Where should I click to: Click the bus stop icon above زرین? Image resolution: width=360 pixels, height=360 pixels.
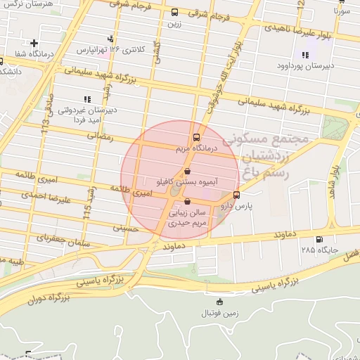(x=174, y=12)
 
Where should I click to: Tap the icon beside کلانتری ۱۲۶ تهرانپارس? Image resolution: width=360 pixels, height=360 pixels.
(x=110, y=38)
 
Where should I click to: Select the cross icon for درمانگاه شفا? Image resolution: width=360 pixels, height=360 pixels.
(x=34, y=44)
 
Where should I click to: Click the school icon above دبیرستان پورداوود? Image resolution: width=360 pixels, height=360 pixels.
(x=305, y=55)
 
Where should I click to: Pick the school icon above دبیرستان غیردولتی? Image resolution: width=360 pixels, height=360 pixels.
(x=86, y=99)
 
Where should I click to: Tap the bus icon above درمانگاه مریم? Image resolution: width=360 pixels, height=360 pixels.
(x=196, y=138)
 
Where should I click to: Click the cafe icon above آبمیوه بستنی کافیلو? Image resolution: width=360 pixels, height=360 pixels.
(x=187, y=171)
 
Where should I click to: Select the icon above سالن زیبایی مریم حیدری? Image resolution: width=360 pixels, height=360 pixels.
(x=186, y=201)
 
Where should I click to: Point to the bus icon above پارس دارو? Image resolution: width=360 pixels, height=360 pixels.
(x=236, y=195)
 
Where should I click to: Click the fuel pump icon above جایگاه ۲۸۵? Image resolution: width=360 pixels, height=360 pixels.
(x=321, y=239)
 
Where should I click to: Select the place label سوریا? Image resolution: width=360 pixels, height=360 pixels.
(x=342, y=12)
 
